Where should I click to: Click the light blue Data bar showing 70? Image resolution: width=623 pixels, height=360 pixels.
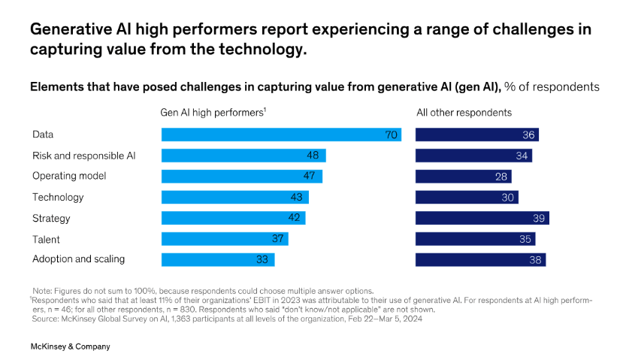(281, 135)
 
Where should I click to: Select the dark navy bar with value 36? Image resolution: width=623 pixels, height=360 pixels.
(476, 135)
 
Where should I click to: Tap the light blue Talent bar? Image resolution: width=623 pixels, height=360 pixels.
(225, 238)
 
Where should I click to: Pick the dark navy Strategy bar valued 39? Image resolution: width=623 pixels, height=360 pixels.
(482, 218)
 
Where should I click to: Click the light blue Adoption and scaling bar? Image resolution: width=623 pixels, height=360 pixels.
(218, 259)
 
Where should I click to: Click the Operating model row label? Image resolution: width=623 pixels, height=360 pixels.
(69, 176)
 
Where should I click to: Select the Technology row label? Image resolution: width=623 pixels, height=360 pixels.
(58, 197)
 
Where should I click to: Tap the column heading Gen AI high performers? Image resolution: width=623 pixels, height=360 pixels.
(213, 113)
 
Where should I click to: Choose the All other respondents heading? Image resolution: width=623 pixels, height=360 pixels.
(464, 113)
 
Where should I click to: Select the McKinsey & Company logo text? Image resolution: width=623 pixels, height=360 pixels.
(70, 346)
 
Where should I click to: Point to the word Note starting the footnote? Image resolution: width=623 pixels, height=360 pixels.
(43, 290)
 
